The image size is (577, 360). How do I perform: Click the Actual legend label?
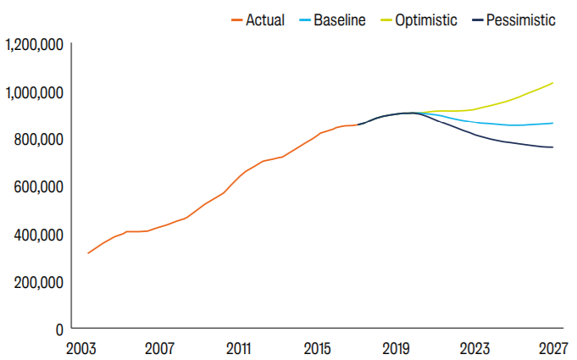click(x=265, y=19)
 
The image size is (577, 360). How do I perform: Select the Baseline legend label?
click(x=339, y=19)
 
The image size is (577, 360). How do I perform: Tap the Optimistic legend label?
click(x=425, y=20)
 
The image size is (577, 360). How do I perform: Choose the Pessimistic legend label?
click(x=521, y=19)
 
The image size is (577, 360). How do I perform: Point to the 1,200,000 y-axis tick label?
click(x=34, y=45)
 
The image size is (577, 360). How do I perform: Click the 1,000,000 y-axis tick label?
click(x=34, y=92)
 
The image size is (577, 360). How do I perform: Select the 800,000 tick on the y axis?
click(x=38, y=140)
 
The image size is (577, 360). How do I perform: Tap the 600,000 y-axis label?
click(x=38, y=187)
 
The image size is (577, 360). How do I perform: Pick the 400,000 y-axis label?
click(x=38, y=235)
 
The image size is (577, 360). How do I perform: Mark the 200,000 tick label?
click(x=38, y=282)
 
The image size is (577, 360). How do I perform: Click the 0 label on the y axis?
click(x=59, y=330)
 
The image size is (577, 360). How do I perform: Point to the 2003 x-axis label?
click(x=81, y=349)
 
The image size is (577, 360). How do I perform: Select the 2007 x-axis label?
click(x=159, y=349)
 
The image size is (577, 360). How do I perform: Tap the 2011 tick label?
click(x=238, y=349)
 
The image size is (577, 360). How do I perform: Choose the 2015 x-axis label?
click(x=317, y=349)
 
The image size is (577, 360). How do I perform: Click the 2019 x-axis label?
click(x=396, y=349)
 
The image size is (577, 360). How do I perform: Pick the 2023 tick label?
click(x=474, y=349)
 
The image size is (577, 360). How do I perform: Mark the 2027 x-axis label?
click(x=553, y=349)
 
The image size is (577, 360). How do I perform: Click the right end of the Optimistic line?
click(x=553, y=83)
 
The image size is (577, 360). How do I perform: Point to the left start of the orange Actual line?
click(x=87, y=253)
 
